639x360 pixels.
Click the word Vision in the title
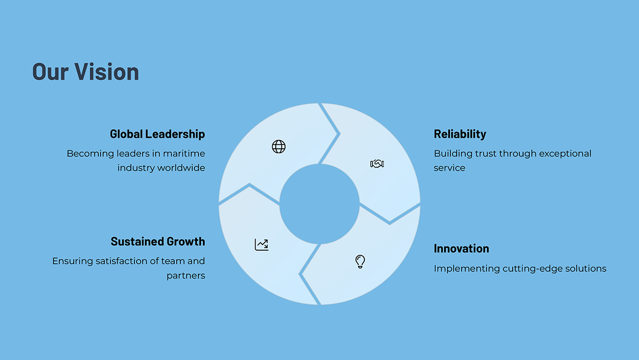[107, 71]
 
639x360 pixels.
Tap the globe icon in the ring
[279, 146]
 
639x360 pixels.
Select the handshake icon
[377, 164]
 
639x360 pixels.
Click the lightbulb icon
[360, 262]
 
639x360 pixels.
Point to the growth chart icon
[262, 245]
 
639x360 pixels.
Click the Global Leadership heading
[158, 134]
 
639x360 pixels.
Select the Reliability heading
[460, 134]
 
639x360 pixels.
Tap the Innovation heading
[462, 249]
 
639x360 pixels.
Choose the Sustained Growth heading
[158, 242]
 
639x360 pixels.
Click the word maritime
[184, 153]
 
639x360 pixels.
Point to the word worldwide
[181, 168]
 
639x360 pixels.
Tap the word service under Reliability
[449, 168]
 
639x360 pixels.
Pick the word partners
[186, 276]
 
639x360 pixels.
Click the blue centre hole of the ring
[320, 204]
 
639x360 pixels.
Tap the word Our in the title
[51, 72]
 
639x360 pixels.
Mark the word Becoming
[90, 154]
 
